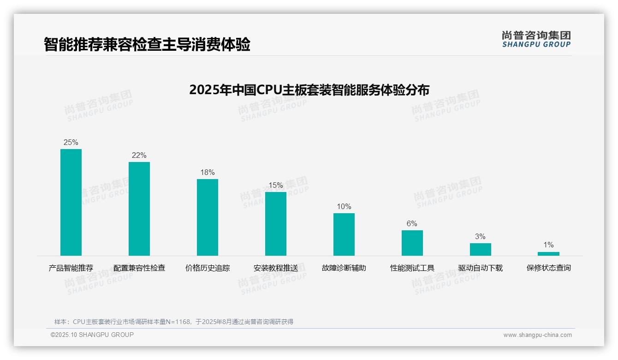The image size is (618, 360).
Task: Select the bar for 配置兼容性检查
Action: [139, 209]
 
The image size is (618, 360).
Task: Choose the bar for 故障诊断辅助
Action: [344, 234]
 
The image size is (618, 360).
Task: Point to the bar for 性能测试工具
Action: [412, 243]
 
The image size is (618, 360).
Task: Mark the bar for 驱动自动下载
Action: [481, 249]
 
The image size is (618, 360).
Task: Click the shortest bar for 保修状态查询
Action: [548, 253]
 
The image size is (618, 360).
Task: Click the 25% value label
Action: [71, 142]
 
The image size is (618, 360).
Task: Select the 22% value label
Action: [139, 155]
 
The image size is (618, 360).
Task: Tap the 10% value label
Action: [344, 206]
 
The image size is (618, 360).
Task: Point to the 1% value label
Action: [548, 245]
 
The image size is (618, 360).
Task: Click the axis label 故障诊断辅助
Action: [344, 268]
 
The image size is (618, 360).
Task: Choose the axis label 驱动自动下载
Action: [481, 268]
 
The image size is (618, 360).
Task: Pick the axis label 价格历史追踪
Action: [208, 268]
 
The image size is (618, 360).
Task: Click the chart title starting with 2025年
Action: [309, 90]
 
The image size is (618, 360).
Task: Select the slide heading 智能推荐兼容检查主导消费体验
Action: [147, 44]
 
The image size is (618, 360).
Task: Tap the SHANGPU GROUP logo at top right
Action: [536, 39]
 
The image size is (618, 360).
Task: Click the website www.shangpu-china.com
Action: [537, 335]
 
